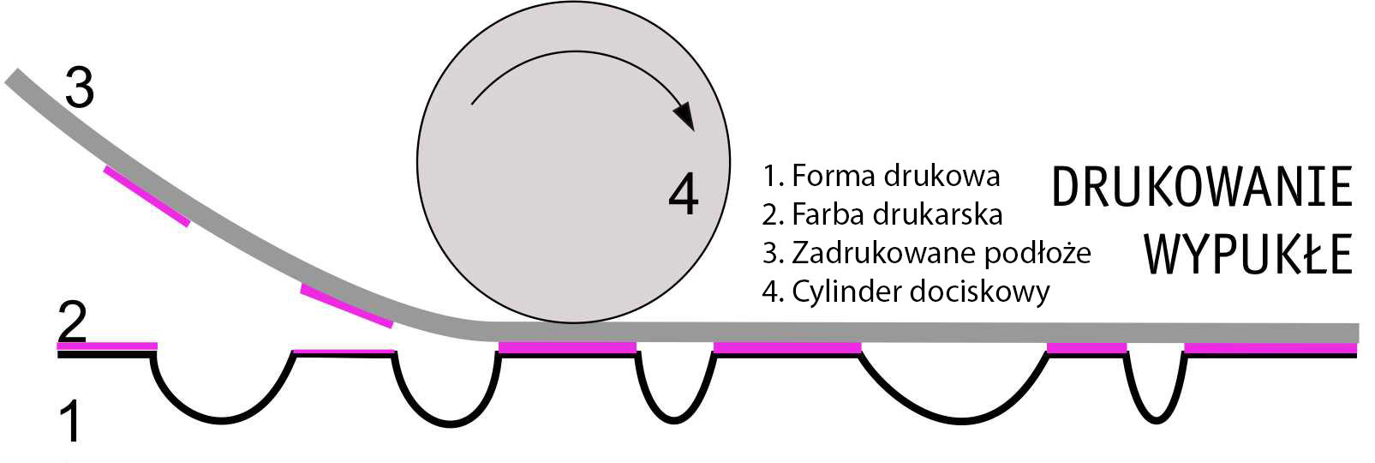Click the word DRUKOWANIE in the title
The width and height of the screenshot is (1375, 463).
1201,189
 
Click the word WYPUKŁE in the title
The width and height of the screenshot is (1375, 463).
1247,255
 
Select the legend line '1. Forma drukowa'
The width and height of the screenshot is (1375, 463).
881,176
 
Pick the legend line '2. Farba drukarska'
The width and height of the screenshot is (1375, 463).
882,213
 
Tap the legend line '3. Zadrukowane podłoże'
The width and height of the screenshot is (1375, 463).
926,253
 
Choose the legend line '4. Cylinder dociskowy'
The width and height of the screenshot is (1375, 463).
906,292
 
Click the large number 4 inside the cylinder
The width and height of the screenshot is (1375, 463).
683,195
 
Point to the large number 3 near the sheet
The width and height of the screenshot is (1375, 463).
79,88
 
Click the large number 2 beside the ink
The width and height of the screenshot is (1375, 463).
72,323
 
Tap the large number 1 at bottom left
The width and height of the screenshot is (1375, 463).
71,423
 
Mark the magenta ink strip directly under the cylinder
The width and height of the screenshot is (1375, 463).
567,347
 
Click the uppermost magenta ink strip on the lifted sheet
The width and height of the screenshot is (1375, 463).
146,196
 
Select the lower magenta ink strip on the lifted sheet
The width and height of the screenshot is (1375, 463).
346,306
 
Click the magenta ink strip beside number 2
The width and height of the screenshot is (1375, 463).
107,346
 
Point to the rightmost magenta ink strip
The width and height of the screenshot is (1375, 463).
1270,348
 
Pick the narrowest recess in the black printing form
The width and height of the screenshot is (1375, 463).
1155,390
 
